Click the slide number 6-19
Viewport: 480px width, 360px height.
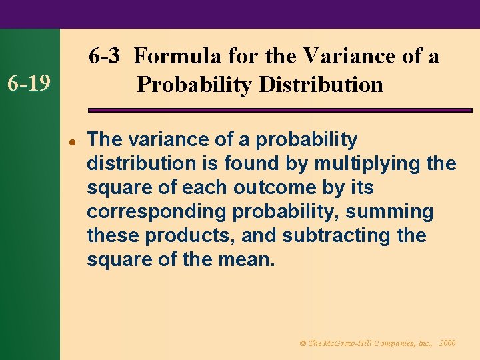click(29, 85)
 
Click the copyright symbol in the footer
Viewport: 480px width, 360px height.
click(302, 343)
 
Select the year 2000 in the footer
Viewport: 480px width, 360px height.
click(448, 343)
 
